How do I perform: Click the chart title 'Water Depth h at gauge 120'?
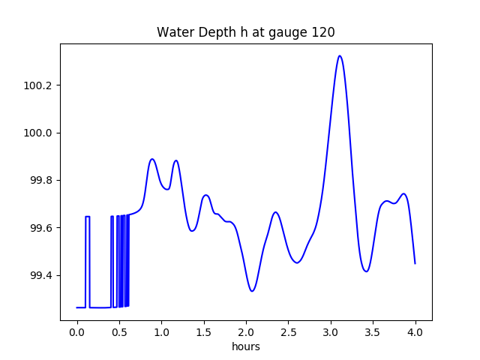[245, 32]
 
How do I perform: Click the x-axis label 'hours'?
[245, 346]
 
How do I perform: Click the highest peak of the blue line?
[340, 55]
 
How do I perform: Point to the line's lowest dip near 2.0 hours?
[252, 291]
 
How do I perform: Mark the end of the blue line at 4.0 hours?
[415, 263]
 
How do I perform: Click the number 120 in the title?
[323, 32]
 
